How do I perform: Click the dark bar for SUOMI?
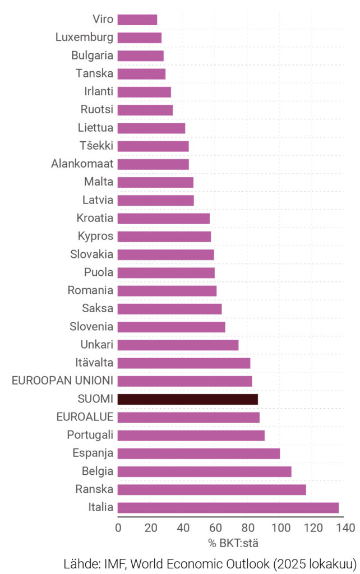[x=188, y=399]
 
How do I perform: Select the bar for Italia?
[x=228, y=508]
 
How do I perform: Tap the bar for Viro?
[x=137, y=20]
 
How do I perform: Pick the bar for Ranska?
[x=212, y=489]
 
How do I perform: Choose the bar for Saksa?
[x=170, y=309]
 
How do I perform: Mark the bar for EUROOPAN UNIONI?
[x=185, y=381]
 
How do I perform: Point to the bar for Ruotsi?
[x=145, y=110]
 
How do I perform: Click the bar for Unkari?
[x=178, y=345]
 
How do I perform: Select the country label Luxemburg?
[x=85, y=38]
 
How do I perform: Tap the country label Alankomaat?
[x=82, y=164]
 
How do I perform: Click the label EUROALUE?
[x=85, y=417]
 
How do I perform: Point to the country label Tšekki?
[x=96, y=146]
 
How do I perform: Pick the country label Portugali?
[x=90, y=435]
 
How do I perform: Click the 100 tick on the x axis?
[x=281, y=528]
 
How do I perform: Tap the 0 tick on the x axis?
[x=118, y=528]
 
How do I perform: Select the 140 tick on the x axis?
[x=346, y=528]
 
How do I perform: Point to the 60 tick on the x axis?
[x=216, y=528]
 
